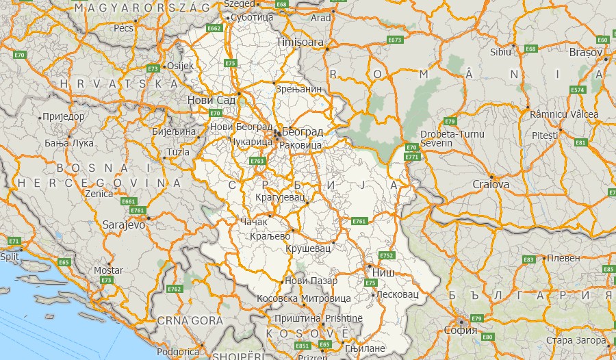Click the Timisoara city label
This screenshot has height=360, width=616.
(x=299, y=42)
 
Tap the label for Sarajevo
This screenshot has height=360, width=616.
(x=124, y=224)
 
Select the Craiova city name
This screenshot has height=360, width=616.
(x=491, y=185)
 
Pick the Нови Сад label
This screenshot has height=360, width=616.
(x=211, y=101)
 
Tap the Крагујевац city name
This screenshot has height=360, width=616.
(x=279, y=196)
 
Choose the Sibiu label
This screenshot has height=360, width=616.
(x=501, y=51)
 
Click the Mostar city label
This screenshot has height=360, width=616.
(x=108, y=270)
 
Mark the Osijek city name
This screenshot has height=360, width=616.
(x=181, y=66)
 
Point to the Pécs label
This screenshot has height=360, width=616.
(x=123, y=29)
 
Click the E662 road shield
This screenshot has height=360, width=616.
(x=214, y=29)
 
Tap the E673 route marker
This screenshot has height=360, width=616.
(x=395, y=40)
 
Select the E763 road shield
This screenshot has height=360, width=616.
(x=257, y=161)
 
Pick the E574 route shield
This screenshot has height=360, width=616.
(x=578, y=90)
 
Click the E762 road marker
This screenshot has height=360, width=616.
(x=175, y=290)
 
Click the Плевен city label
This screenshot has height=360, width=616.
(x=563, y=258)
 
